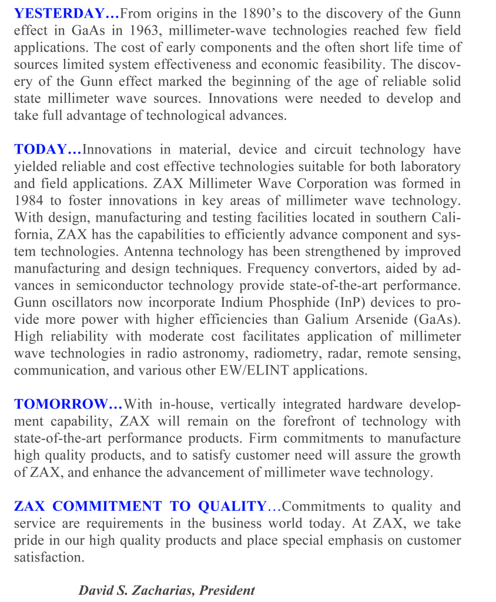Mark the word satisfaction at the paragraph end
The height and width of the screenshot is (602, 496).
point(48,557)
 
